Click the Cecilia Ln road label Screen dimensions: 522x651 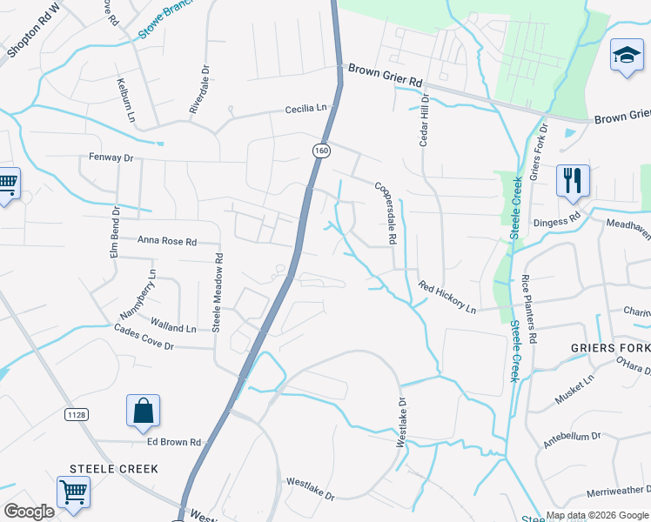[310, 110]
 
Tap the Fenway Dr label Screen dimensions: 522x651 [111, 157]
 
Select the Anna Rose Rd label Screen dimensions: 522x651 [167, 241]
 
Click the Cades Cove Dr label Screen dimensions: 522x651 [144, 337]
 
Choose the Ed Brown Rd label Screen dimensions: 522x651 [173, 442]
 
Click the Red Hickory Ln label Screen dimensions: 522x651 [446, 297]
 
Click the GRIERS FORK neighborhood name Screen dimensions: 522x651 [610, 347]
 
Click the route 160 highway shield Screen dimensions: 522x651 [322, 151]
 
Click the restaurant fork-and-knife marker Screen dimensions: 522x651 [573, 180]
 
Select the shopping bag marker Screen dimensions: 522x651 [143, 411]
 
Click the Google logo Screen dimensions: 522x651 [29, 511]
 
